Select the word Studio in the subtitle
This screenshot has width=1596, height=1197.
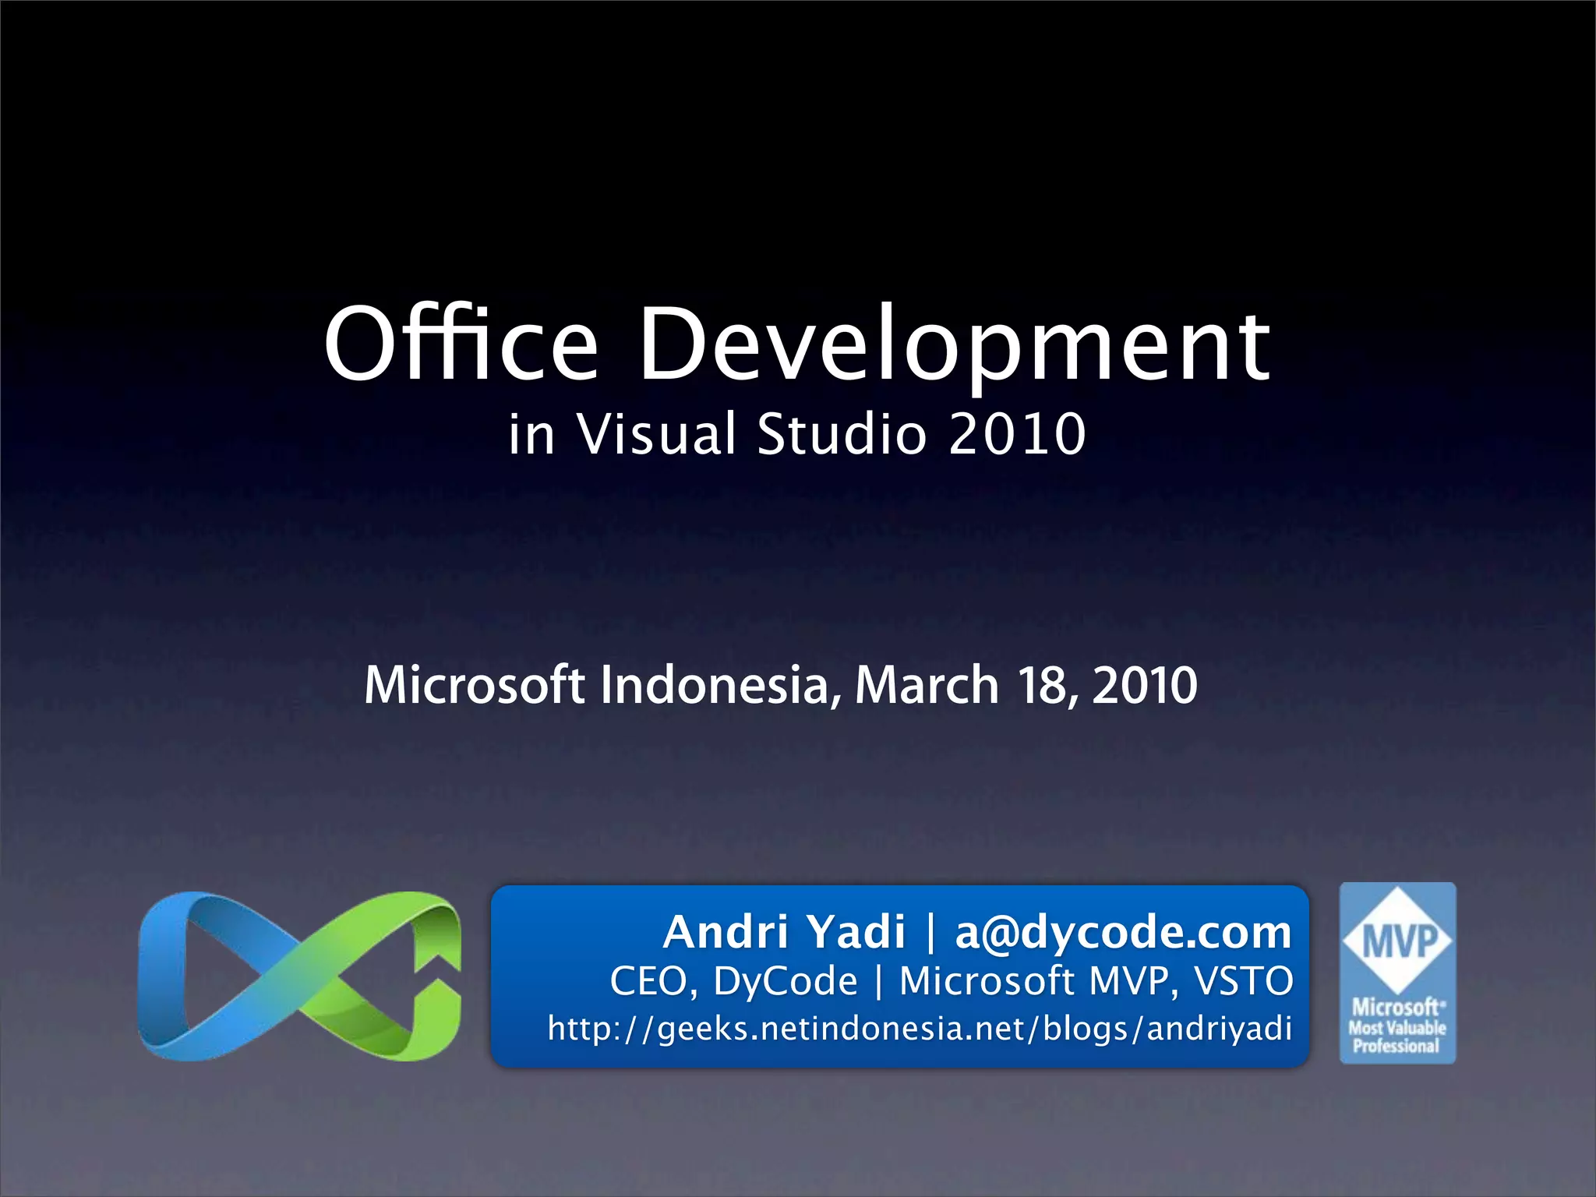point(842,434)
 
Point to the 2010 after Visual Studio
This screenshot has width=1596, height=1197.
point(1017,434)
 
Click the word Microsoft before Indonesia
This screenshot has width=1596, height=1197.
point(474,685)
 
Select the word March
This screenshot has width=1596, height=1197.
point(927,685)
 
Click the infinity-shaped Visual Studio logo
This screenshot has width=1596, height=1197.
point(299,976)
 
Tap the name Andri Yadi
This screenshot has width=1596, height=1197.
point(784,932)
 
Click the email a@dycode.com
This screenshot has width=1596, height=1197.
point(1123,932)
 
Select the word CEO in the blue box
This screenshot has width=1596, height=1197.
point(653,981)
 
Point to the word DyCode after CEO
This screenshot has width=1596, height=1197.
point(785,981)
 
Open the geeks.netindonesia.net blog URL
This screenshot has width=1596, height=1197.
point(920,1029)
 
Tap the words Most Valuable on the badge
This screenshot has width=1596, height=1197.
point(1397,1028)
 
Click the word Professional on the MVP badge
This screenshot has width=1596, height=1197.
point(1396,1047)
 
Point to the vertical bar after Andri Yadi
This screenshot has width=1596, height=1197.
point(930,932)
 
